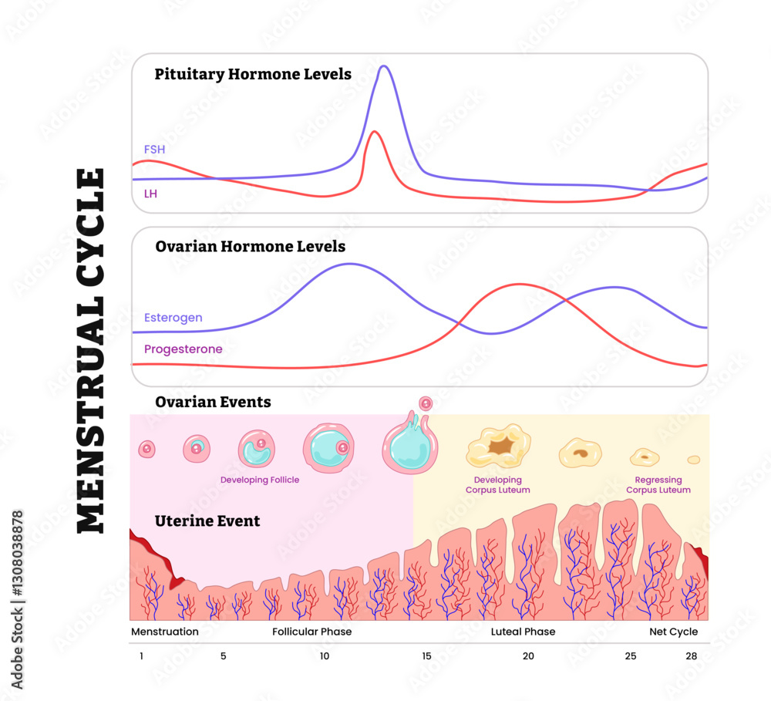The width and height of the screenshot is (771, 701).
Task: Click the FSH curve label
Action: point(154,149)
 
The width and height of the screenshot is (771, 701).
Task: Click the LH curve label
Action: point(150,194)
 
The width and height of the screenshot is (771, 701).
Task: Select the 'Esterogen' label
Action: point(173,318)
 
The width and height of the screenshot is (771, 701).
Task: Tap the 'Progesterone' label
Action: point(183,349)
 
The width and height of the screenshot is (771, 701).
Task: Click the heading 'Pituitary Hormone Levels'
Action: point(253,75)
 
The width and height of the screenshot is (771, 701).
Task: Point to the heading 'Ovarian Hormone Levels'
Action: point(250,247)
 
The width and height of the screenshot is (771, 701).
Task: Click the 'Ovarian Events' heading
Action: point(213,402)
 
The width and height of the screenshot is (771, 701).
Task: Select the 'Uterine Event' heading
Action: point(207,521)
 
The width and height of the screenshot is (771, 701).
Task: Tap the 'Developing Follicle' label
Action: point(260,480)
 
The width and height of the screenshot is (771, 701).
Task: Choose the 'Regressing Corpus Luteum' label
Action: point(658,485)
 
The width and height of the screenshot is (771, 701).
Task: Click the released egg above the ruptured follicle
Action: point(425,403)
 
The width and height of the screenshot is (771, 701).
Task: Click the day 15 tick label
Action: point(426,656)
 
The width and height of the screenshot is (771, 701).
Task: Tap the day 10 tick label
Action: point(325,656)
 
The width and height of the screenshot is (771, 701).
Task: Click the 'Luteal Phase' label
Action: point(523,632)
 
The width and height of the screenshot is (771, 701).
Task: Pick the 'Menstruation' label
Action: point(165,632)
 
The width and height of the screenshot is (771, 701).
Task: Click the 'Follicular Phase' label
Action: point(311,632)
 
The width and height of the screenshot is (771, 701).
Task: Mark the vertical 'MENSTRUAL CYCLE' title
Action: point(91,351)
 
